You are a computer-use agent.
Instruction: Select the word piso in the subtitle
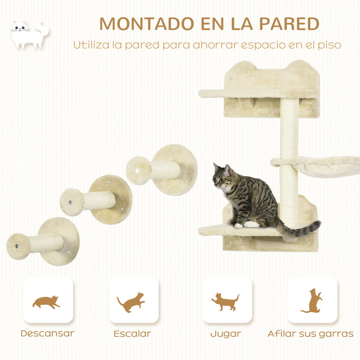(x=329, y=45)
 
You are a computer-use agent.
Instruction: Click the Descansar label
(x=48, y=333)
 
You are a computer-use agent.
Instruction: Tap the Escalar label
(x=132, y=333)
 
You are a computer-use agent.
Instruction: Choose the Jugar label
(x=225, y=333)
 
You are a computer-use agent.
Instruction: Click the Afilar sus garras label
(x=311, y=333)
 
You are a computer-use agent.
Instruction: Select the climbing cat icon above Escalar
(x=131, y=302)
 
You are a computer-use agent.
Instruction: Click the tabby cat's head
(x=222, y=177)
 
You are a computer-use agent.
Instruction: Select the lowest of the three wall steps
(x=44, y=242)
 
